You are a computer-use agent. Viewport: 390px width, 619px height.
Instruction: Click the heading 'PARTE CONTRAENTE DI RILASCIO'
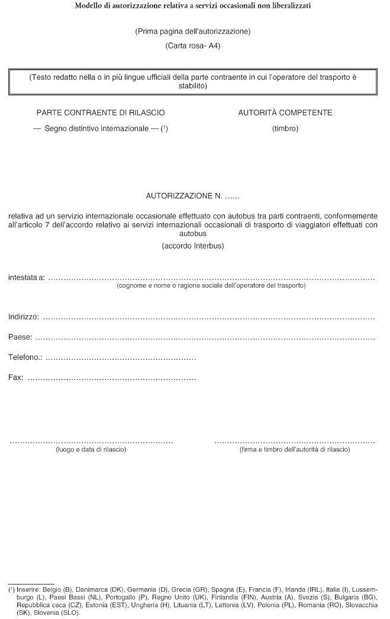101,112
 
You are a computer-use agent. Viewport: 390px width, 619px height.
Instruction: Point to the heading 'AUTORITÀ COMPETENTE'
285,112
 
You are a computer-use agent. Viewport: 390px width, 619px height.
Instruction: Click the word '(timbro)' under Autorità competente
285,128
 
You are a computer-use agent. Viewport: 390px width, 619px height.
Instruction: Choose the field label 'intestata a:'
27,277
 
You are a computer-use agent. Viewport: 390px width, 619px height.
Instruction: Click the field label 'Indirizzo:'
24,317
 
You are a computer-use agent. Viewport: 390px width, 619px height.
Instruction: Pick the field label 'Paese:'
20,337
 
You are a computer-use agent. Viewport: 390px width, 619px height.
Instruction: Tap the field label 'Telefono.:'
25,357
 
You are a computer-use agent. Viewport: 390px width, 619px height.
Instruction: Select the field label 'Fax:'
16,377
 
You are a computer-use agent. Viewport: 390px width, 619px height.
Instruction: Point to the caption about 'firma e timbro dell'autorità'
295,450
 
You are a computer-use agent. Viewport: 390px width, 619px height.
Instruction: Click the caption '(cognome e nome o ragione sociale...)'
211,285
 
